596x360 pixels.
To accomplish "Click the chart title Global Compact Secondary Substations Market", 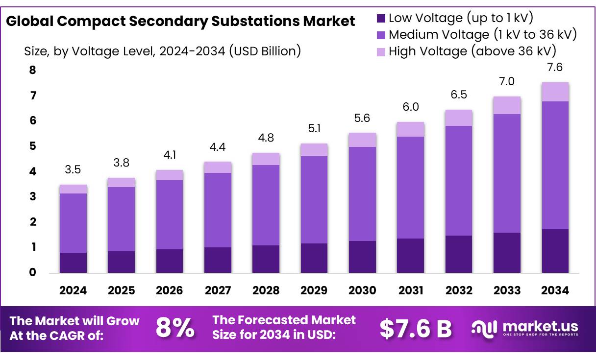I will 180,22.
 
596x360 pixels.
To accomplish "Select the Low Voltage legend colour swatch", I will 381,19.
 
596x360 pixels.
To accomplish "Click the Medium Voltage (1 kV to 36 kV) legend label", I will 482,35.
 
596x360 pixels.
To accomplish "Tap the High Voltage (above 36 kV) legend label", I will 472,51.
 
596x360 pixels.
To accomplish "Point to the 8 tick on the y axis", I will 33,70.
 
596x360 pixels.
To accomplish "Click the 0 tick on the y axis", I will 33,272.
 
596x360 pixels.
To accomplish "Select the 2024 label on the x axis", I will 73,290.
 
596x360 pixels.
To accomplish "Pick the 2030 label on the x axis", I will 362,290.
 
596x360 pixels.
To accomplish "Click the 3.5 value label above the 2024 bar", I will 73,170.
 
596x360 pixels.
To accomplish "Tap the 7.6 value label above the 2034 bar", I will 555,67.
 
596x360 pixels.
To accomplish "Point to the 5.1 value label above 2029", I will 314,129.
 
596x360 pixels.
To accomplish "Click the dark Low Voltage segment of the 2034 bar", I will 555,251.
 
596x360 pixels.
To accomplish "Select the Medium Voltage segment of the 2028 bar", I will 266,205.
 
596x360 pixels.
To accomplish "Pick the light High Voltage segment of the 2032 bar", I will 459,118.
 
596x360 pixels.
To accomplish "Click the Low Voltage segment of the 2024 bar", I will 73,263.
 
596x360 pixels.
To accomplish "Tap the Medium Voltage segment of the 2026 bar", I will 169,215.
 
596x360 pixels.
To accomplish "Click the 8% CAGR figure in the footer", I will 175,328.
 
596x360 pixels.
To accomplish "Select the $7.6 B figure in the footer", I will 416,329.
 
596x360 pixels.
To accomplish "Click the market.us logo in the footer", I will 524,328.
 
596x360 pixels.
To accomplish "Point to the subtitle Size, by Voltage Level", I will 162,51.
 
